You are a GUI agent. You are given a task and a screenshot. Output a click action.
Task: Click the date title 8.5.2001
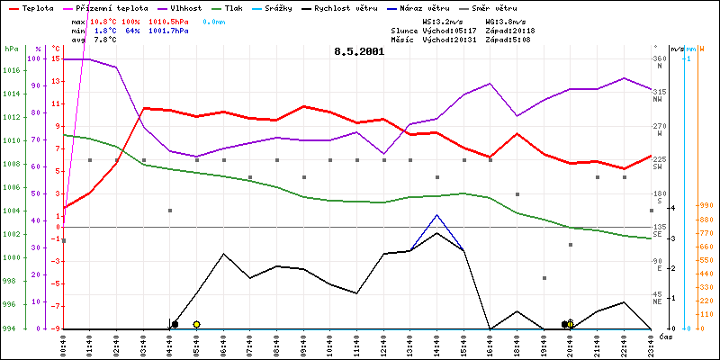point(359,51)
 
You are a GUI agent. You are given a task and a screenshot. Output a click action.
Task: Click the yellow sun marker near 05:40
point(196,324)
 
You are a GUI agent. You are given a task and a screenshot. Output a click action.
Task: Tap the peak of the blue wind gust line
point(436,215)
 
